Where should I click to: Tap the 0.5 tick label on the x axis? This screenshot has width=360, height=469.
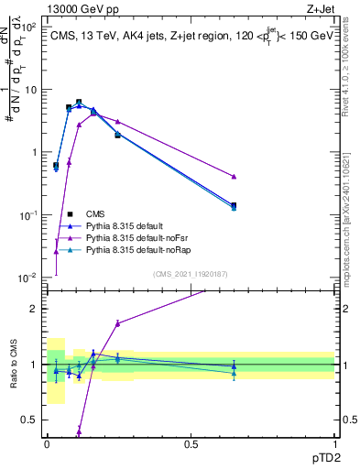click(x=191, y=443)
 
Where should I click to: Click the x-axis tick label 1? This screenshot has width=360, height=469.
click(x=334, y=443)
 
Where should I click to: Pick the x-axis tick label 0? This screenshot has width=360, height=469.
click(x=47, y=443)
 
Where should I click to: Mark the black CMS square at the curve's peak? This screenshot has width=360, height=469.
click(x=79, y=103)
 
